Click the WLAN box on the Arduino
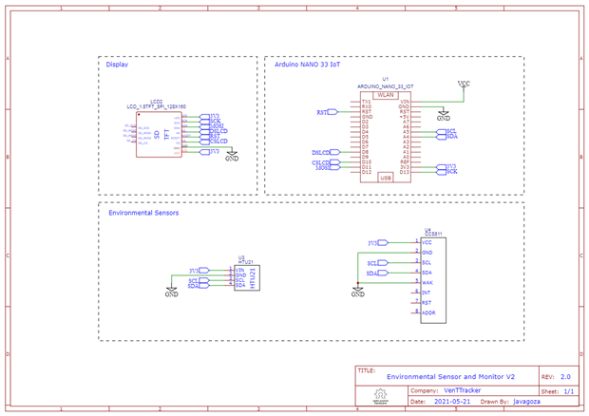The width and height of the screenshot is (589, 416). point(386,94)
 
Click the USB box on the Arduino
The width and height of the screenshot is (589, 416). point(386,177)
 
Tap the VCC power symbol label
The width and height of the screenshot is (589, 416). point(464,84)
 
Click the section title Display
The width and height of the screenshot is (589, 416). point(117,66)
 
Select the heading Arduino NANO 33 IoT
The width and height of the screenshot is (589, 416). point(307,66)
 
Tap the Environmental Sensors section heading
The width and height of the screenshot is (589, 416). point(143,213)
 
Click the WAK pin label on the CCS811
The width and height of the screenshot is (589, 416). point(427,283)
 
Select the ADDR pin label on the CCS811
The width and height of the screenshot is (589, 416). point(428,313)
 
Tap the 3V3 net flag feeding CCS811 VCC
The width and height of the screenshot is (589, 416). point(378,243)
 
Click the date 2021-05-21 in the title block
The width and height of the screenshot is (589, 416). point(451,401)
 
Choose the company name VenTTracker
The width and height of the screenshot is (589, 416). point(462,389)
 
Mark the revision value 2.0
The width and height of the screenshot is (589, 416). point(565,376)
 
